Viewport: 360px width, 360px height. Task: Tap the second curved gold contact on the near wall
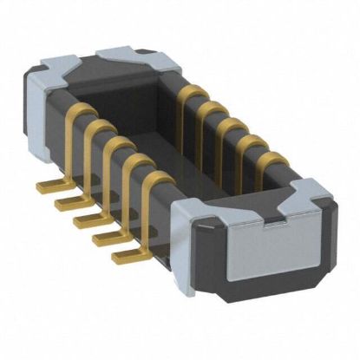click(x=94, y=134)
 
